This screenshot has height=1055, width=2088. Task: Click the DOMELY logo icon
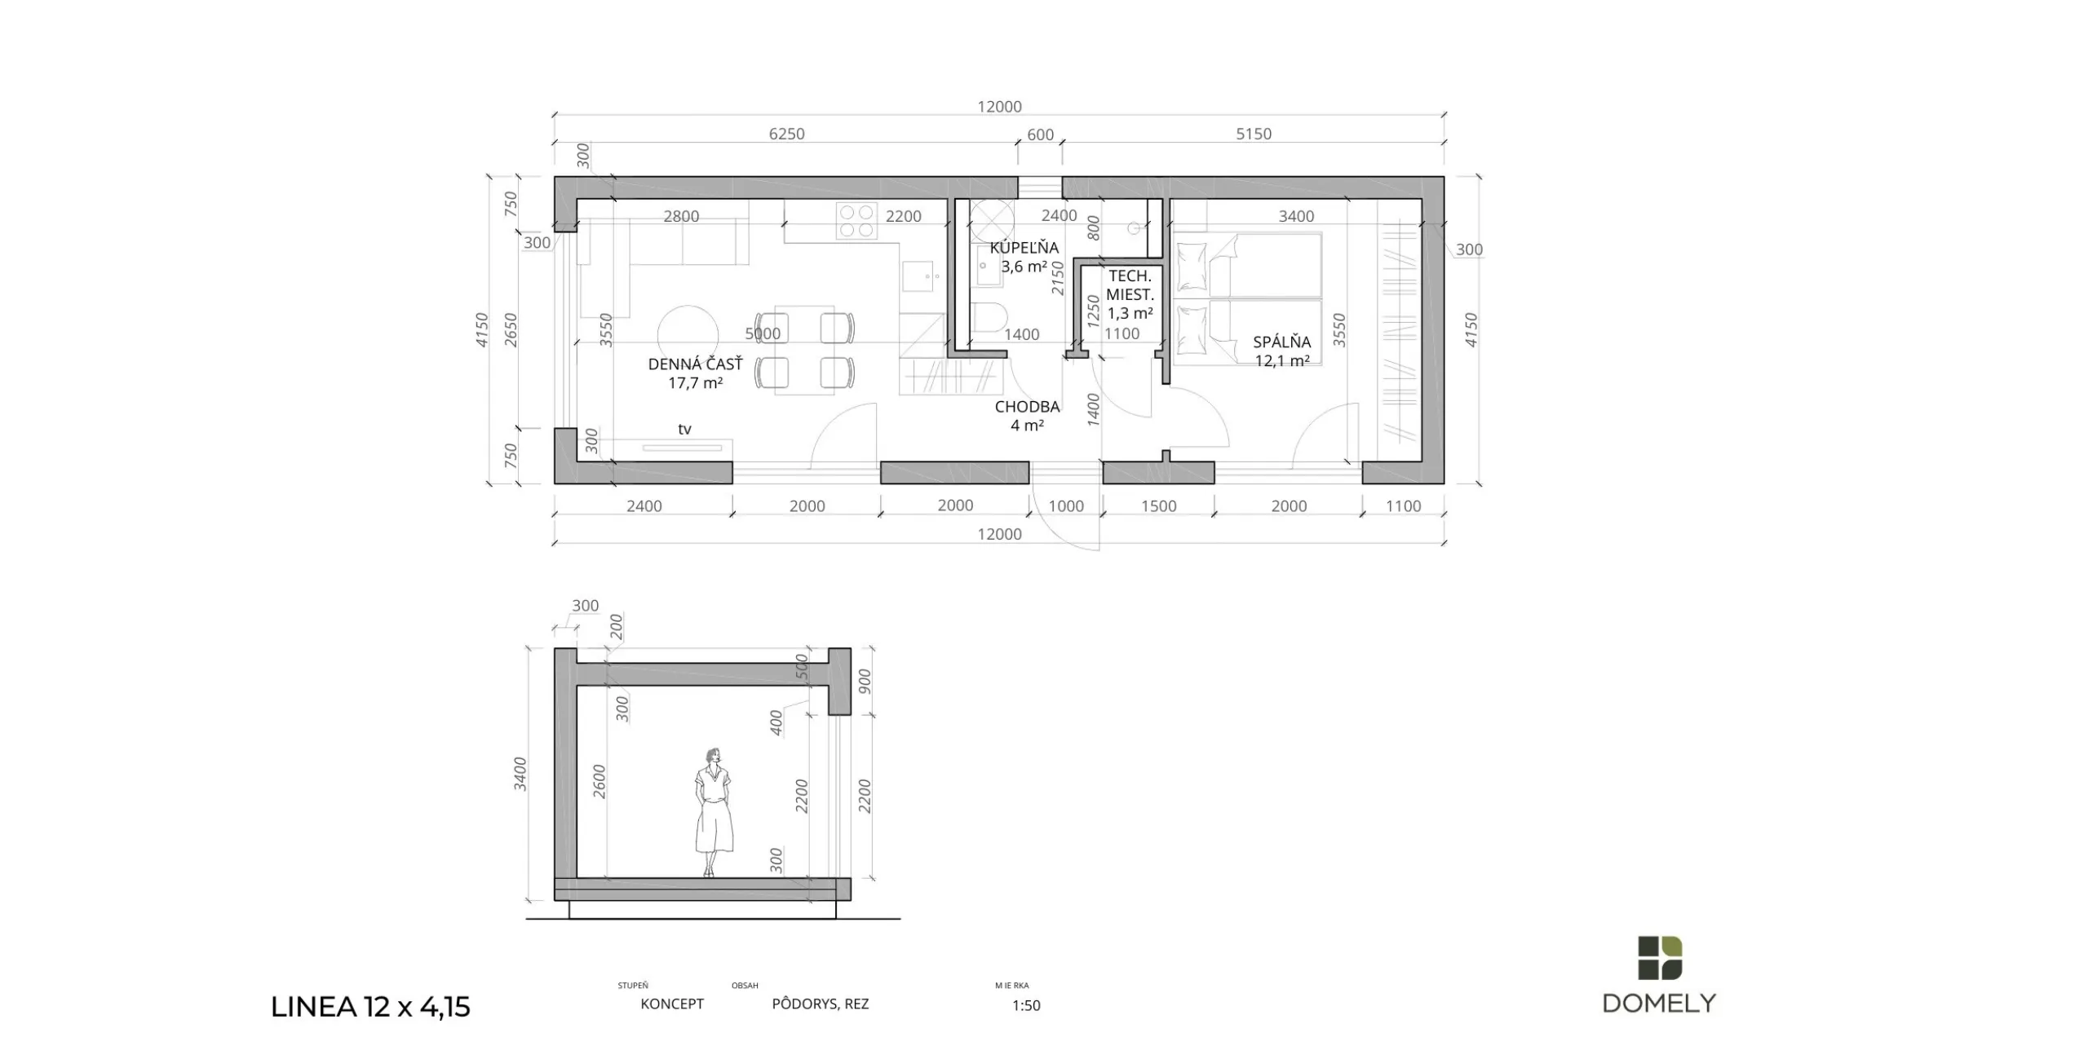coord(1660,957)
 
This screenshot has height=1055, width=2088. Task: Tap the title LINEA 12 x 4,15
coord(370,1007)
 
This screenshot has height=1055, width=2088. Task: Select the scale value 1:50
coord(1026,1005)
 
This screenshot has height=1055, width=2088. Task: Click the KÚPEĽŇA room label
coord(1024,248)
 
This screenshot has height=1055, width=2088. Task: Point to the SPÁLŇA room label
coord(1282,342)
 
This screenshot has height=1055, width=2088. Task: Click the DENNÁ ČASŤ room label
coord(696,364)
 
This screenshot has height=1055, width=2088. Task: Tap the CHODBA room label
coord(1028,407)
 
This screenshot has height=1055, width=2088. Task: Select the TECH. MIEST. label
coord(1130,285)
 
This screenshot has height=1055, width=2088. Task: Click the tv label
coord(684,429)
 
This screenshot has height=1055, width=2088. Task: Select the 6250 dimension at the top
coord(786,134)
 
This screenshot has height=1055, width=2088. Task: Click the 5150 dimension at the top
coord(1254,134)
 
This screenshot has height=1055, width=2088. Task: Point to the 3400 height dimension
coord(520,775)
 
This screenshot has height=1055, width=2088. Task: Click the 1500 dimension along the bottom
coord(1158,506)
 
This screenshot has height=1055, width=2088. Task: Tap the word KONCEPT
coord(672,1004)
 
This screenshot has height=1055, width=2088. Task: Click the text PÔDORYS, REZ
coord(821,1004)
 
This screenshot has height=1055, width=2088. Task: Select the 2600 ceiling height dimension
coord(599,781)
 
